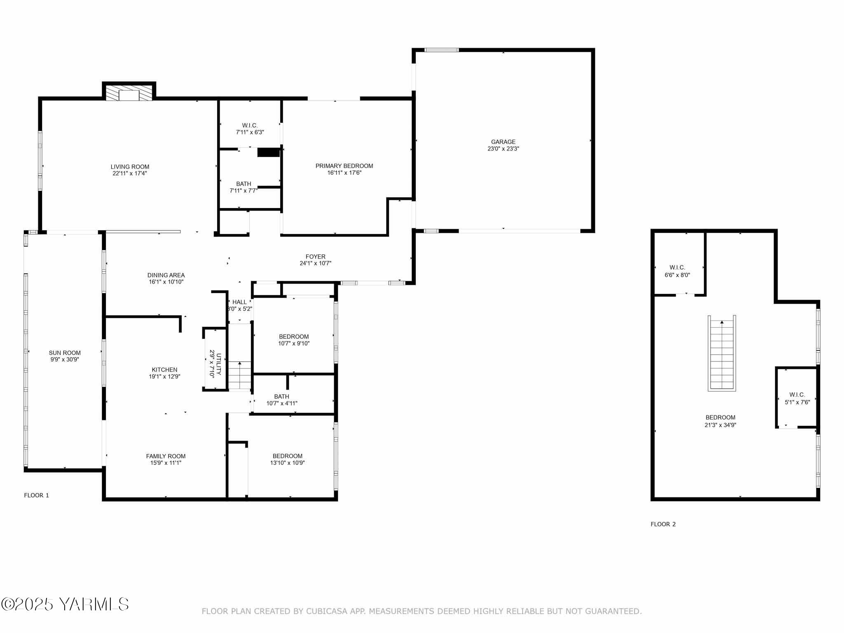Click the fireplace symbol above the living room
(129, 93)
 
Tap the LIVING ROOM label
(130, 167)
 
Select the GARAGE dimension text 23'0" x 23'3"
(503, 149)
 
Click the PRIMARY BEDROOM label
(344, 166)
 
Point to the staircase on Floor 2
(722, 353)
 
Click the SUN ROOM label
(65, 353)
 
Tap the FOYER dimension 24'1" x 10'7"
(315, 263)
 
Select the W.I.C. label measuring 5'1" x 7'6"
(797, 395)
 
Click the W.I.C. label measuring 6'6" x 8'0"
(677, 268)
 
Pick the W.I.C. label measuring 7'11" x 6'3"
(250, 126)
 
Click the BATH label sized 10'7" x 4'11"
(281, 396)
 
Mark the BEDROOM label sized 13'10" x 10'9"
(287, 456)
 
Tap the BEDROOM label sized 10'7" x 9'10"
(293, 337)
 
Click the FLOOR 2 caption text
(663, 524)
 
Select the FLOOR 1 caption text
(37, 495)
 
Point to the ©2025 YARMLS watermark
(65, 605)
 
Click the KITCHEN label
(164, 370)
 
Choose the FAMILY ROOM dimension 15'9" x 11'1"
(166, 463)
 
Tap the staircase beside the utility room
(239, 375)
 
